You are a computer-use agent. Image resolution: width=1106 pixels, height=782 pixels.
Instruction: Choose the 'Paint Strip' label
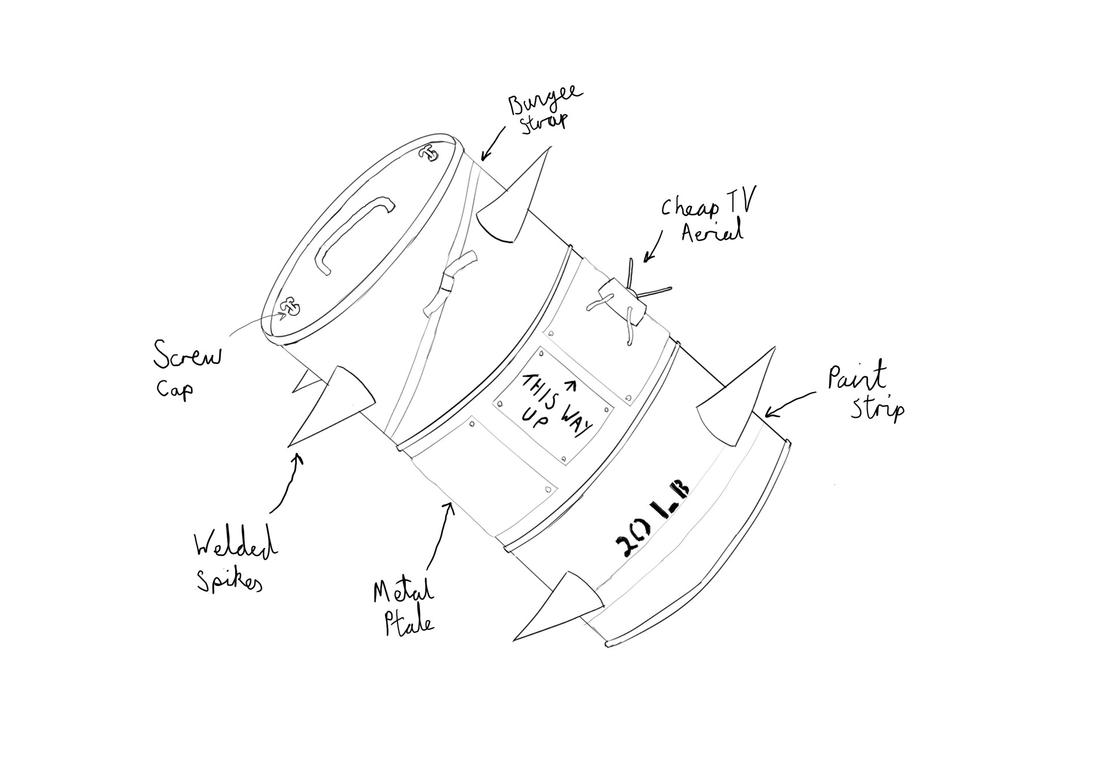coord(864,392)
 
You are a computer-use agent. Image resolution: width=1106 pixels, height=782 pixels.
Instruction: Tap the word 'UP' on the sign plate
coord(536,418)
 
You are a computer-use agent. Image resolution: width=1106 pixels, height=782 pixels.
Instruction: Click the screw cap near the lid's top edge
coord(429,153)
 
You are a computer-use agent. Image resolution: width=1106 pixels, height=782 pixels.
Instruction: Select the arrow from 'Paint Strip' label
coord(789,403)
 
